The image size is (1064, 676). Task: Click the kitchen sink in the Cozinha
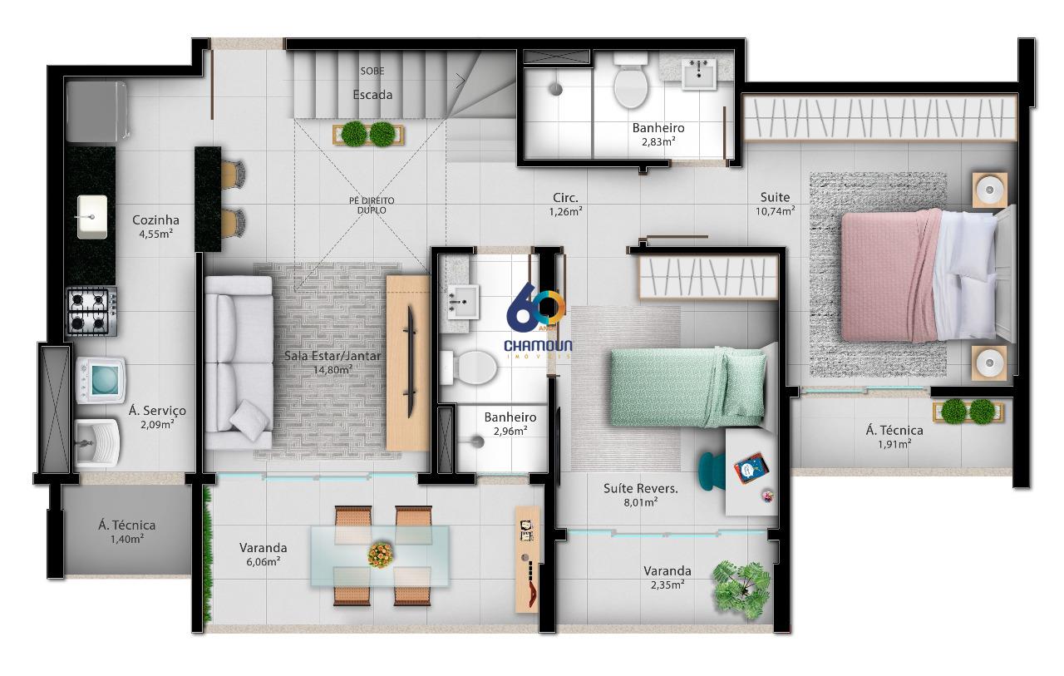pyautogui.click(x=92, y=217)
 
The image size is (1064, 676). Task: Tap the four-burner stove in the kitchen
pyautogui.click(x=91, y=311)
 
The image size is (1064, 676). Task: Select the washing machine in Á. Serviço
pyautogui.click(x=101, y=380)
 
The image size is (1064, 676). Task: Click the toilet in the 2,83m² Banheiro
pyautogui.click(x=630, y=81)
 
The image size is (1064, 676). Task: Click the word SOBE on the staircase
pyautogui.click(x=372, y=72)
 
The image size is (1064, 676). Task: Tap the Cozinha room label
pyautogui.click(x=155, y=220)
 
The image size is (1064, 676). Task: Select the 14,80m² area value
pyautogui.click(x=332, y=369)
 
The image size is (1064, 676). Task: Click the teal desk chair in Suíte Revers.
pyautogui.click(x=711, y=471)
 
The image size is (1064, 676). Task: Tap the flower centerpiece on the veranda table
pyautogui.click(x=381, y=555)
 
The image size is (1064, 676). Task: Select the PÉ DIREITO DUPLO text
pyautogui.click(x=372, y=205)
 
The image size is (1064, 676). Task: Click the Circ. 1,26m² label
pyautogui.click(x=566, y=205)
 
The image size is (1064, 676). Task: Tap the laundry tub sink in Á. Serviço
pyautogui.click(x=96, y=442)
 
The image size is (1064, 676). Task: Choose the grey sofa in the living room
pyautogui.click(x=239, y=363)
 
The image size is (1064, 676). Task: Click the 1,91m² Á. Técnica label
pyautogui.click(x=894, y=437)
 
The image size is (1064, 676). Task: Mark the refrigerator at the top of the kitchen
pyautogui.click(x=96, y=111)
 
